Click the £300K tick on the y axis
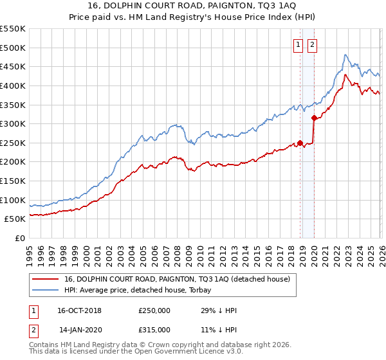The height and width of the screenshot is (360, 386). click(13, 123)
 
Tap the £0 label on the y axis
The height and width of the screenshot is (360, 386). click(19, 238)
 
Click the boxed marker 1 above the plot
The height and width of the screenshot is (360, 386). click(299, 44)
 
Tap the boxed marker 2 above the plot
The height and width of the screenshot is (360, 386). click(312, 44)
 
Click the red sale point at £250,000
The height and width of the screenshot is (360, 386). click(300, 143)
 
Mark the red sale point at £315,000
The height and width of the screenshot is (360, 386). click(314, 118)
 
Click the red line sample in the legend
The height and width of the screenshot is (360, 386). click(46, 279)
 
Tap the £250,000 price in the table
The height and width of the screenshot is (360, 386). click(154, 310)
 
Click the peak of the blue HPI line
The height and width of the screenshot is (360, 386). click(345, 55)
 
